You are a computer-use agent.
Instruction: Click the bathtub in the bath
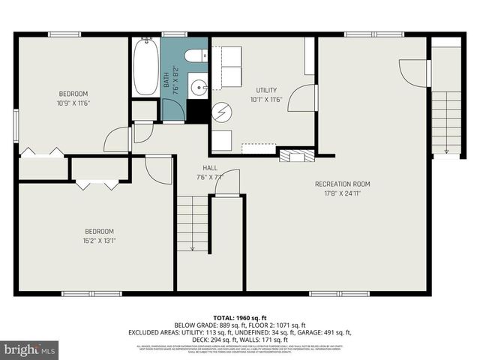[x=145, y=67]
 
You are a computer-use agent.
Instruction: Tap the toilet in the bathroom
[x=194, y=55]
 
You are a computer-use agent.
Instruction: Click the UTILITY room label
[x=266, y=90]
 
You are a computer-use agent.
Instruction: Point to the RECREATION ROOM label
[x=342, y=184]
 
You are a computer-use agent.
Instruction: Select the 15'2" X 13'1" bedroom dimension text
[x=99, y=241]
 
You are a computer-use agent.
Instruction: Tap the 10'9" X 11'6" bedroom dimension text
[x=74, y=103]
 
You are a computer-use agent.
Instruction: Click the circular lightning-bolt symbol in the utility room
[x=222, y=113]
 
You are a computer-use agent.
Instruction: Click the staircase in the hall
[x=193, y=223]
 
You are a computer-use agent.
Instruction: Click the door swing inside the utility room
[x=301, y=98]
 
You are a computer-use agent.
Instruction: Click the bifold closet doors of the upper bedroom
[x=42, y=152]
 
